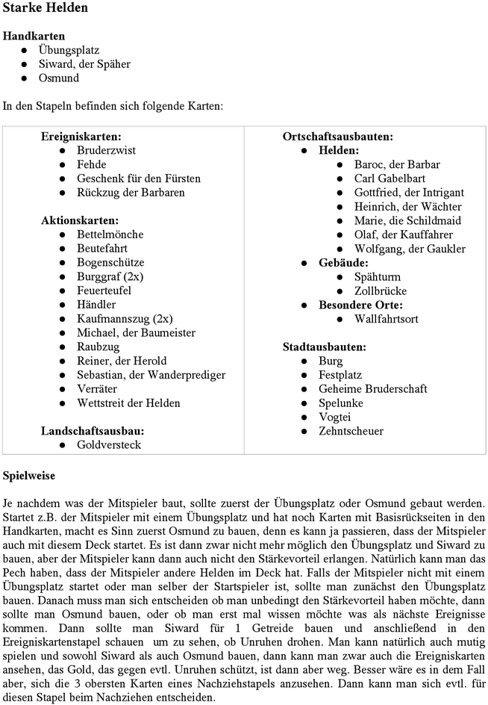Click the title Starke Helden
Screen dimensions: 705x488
[46, 8]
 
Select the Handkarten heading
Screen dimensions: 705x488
[34, 36]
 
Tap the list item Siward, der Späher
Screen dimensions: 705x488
[84, 64]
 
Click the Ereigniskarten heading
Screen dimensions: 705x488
[81, 137]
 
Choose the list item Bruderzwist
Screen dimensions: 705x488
[106, 150]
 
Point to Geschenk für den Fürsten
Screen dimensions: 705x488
[139, 178]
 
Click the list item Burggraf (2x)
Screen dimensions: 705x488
[110, 276]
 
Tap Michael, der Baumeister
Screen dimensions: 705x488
[131, 333]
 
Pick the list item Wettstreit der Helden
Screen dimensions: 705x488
[128, 403]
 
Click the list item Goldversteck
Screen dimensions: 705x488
[109, 445]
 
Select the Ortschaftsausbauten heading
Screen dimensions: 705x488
[337, 137]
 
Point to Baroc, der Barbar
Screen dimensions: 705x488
[397, 164]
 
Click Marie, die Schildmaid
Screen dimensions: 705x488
[407, 220]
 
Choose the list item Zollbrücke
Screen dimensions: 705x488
[381, 291]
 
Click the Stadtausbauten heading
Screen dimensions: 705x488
[324, 347]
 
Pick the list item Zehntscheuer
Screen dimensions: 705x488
[351, 431]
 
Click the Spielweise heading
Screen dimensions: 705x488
[29, 475]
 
